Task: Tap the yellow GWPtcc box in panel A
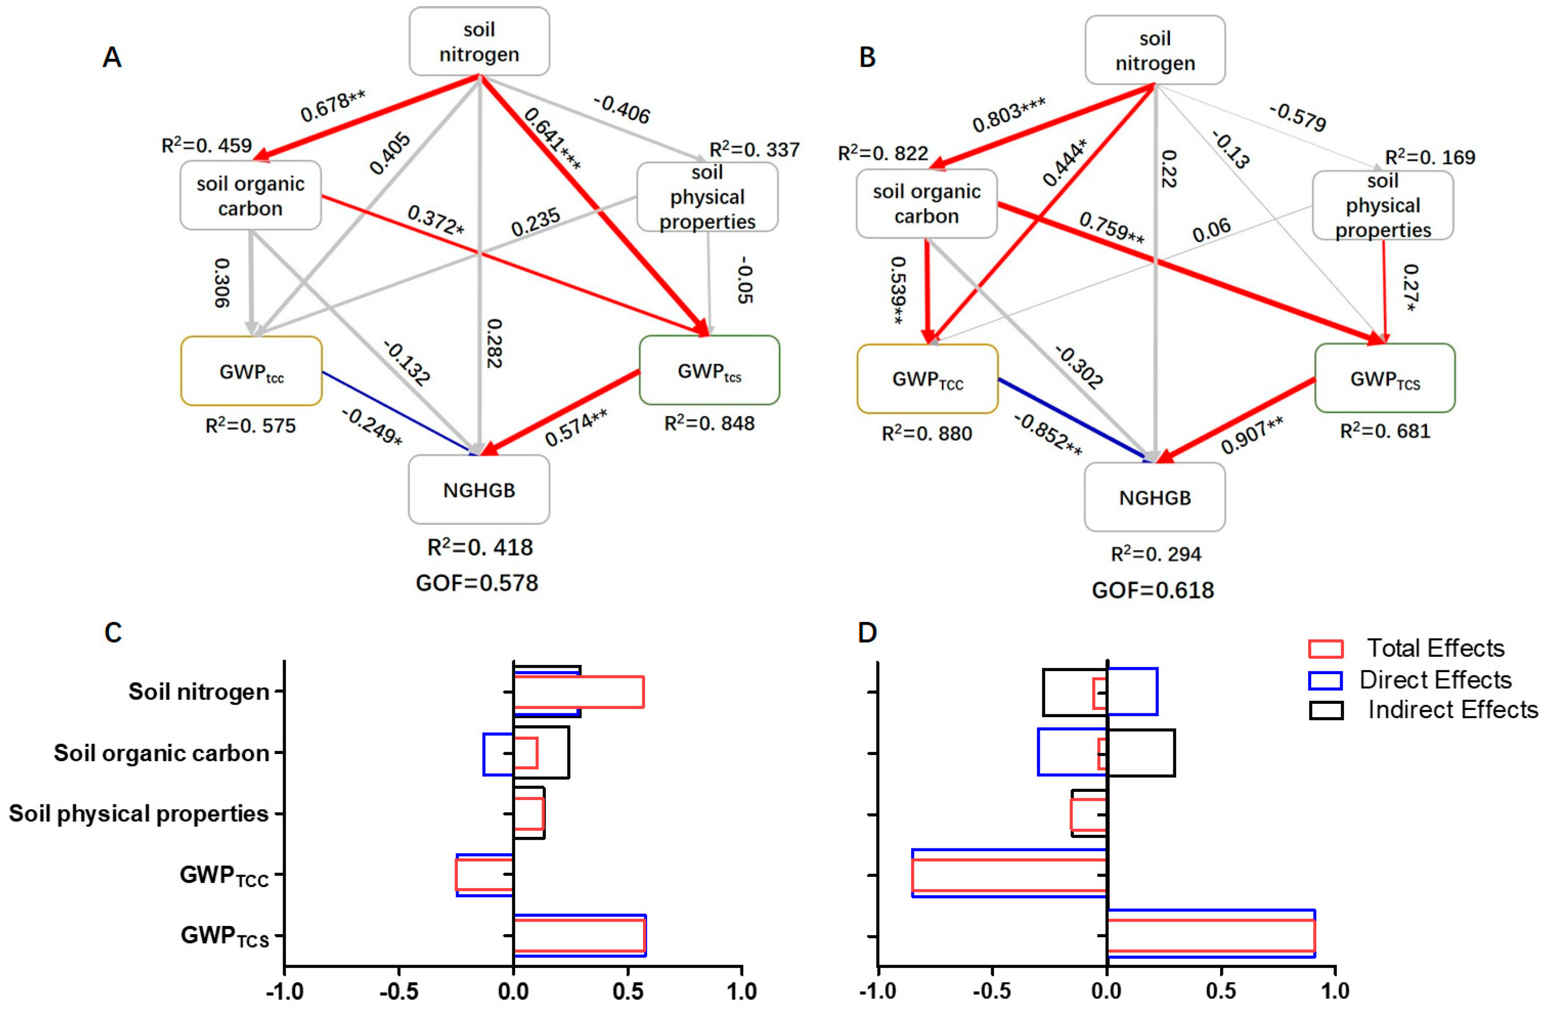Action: tap(251, 372)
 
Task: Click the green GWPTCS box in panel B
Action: tap(1385, 379)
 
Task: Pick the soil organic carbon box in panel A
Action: tap(251, 195)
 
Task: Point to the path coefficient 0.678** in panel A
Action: tap(332, 106)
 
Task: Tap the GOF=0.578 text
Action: tap(477, 583)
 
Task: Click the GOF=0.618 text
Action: tap(1153, 590)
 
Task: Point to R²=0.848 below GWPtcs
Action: tap(709, 424)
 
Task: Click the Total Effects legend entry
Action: tap(1435, 648)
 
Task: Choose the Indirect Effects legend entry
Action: tap(1452, 710)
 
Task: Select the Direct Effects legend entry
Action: tap(1435, 679)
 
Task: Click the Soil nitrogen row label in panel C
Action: tap(199, 692)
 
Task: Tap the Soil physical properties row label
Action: tap(138, 813)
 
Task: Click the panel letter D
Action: tap(867, 632)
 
